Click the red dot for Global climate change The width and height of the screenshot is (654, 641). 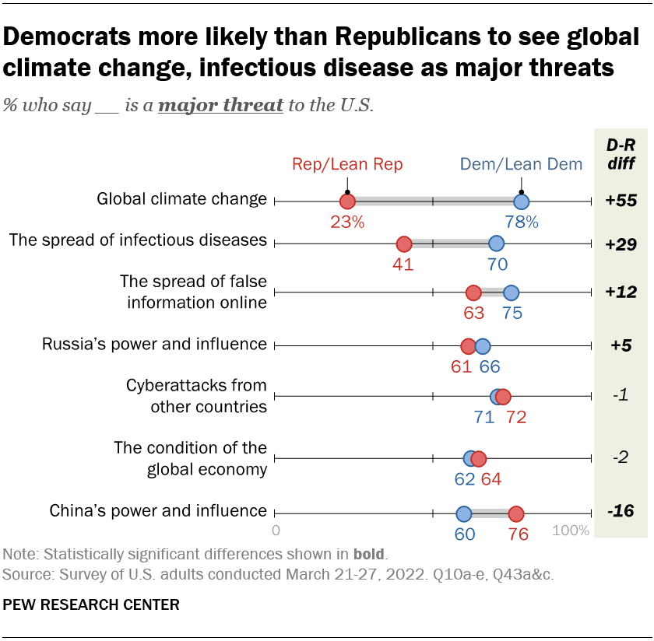[347, 201]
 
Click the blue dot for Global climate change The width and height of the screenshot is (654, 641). [521, 201]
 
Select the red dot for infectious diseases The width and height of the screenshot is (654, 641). [403, 243]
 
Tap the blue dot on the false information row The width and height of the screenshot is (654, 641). [511, 292]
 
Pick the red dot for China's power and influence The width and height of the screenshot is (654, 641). [515, 513]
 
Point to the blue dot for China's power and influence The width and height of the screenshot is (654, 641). [463, 513]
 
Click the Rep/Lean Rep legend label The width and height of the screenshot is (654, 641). [347, 164]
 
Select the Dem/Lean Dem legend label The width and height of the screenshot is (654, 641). [521, 164]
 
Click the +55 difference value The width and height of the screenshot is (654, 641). [621, 201]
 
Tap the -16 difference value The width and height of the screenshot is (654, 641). [621, 511]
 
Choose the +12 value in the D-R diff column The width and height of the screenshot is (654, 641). [621, 292]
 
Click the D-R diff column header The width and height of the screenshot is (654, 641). [621, 154]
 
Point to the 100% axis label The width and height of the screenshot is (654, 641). [571, 531]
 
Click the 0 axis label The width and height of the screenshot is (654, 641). [276, 531]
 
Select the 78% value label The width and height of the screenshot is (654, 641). [521, 222]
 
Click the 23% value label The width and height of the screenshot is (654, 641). [347, 222]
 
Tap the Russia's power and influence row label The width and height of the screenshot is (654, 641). [154, 345]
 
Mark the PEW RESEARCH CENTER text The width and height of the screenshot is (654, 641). [91, 604]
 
